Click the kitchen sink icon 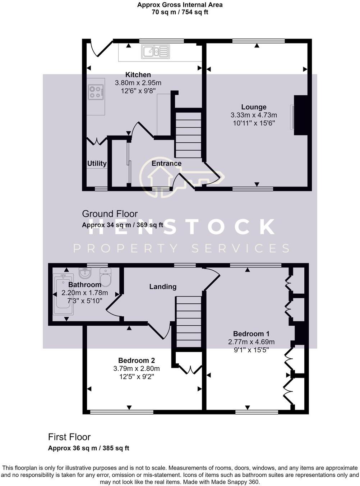[x=155, y=51]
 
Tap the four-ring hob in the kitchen [x=96, y=92]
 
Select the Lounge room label [x=254, y=107]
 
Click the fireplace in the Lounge [x=300, y=115]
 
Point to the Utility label [x=97, y=164]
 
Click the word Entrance [x=166, y=163]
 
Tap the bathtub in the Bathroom [x=63, y=294]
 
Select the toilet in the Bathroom [x=105, y=278]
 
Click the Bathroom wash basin [x=85, y=273]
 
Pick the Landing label [x=163, y=286]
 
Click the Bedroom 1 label [x=251, y=334]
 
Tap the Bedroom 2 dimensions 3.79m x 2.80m [x=137, y=368]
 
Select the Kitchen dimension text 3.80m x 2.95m [x=138, y=83]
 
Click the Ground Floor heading [x=110, y=214]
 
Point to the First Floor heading [x=69, y=437]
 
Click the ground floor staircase [x=188, y=134]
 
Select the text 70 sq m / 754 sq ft [x=180, y=12]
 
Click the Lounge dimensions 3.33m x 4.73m [x=254, y=115]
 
